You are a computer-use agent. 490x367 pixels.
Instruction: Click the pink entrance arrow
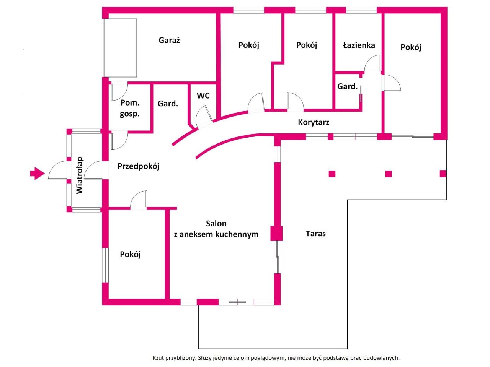click(37, 173)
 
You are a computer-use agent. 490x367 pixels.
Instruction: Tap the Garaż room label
click(169, 40)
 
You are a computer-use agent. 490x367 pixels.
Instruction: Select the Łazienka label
click(359, 45)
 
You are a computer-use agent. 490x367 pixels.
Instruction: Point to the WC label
click(203, 96)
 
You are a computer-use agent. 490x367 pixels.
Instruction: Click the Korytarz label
click(314, 122)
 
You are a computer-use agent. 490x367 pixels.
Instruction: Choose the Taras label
click(316, 234)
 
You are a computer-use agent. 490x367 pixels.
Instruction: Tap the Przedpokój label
click(138, 166)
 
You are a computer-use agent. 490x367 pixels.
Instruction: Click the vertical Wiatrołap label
click(80, 175)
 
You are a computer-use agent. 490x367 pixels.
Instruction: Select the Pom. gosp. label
click(130, 108)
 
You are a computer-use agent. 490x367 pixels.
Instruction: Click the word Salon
click(216, 224)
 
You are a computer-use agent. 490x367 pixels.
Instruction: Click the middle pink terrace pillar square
click(388, 174)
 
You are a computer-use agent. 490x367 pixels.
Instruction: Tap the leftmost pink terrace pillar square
click(332, 174)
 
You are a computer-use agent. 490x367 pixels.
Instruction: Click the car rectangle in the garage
click(120, 48)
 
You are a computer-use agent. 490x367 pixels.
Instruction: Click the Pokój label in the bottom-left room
click(130, 255)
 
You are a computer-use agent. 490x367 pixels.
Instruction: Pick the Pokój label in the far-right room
click(411, 47)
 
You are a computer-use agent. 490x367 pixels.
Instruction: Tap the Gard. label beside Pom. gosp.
click(168, 104)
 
